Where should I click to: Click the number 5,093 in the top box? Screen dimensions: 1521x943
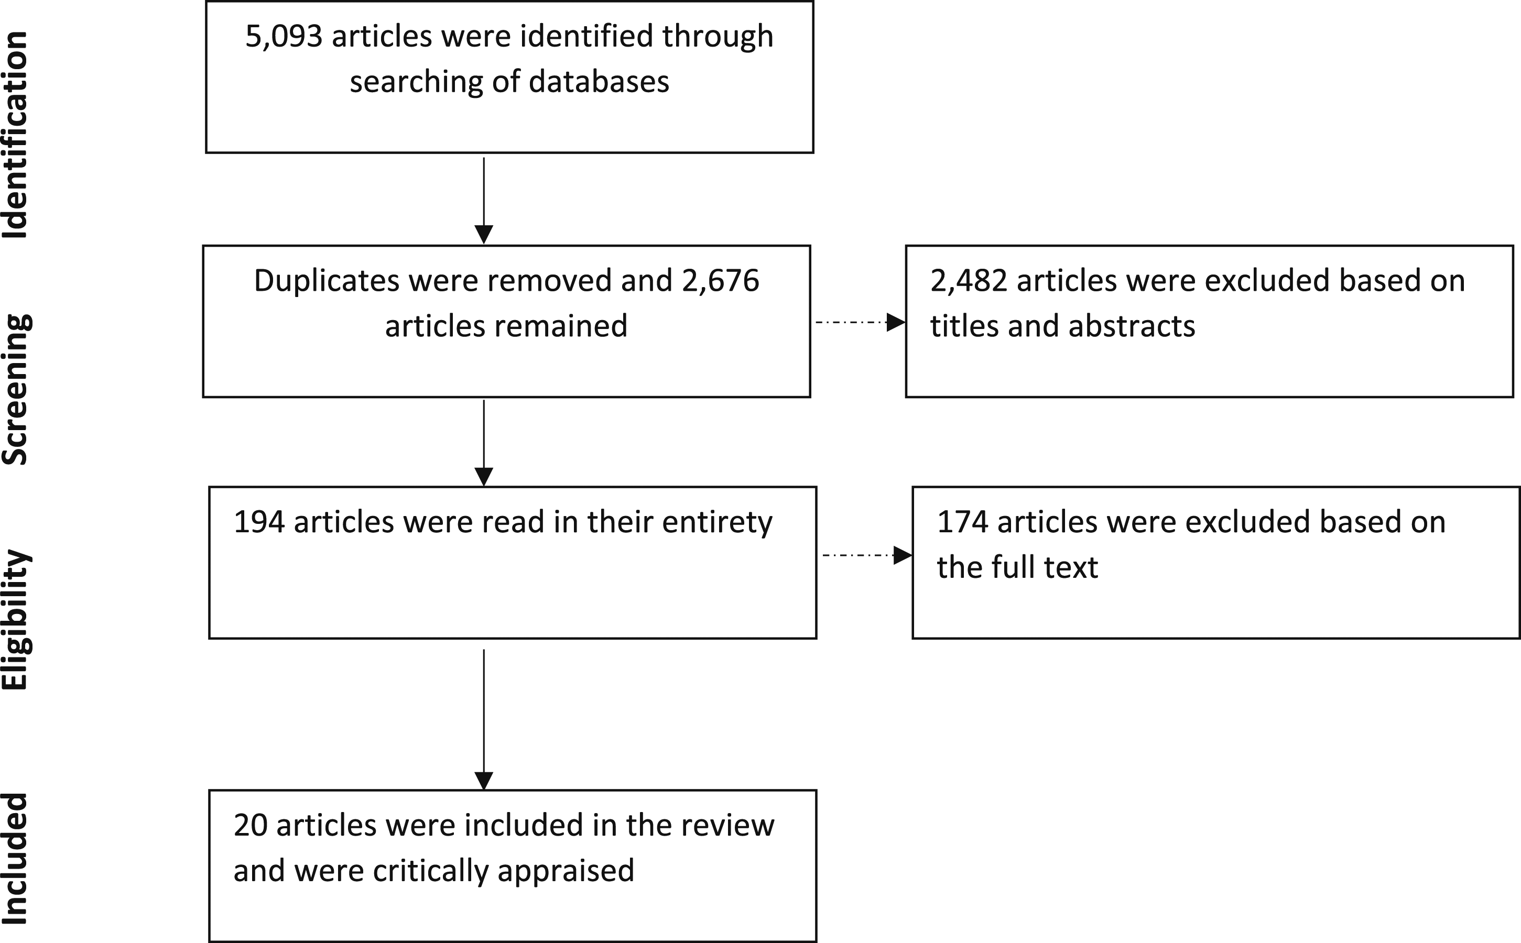click(284, 37)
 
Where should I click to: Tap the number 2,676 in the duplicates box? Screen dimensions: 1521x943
click(721, 281)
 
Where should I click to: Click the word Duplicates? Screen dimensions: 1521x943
click(327, 281)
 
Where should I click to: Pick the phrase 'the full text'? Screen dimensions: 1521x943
click(1017, 567)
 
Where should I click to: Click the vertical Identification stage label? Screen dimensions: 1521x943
click(15, 135)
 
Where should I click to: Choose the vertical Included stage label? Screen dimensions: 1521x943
click(15, 859)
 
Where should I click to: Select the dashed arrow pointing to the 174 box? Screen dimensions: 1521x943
click(868, 555)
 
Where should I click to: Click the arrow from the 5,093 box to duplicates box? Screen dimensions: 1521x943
click(484, 201)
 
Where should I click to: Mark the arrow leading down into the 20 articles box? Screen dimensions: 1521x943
click(484, 720)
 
